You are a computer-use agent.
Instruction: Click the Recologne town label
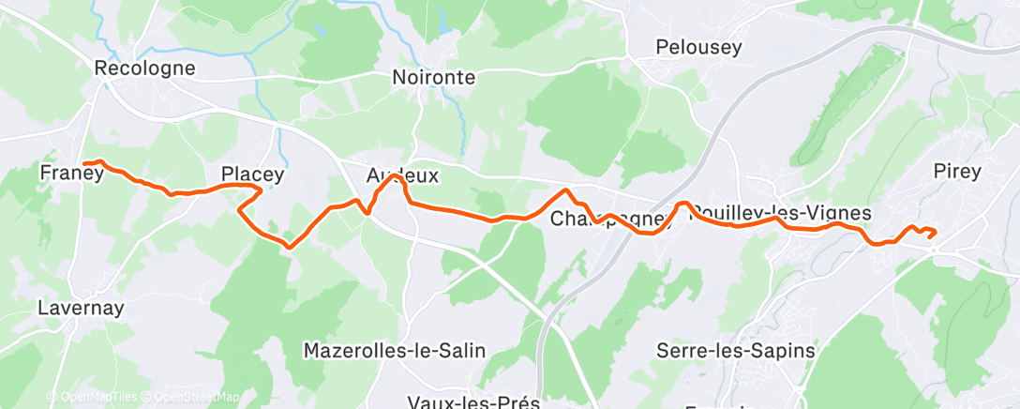point(144,68)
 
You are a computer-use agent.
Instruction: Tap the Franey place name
point(71,173)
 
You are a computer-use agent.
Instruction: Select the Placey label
point(252,174)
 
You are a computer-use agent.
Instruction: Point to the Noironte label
point(433,78)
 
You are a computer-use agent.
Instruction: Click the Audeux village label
point(402,175)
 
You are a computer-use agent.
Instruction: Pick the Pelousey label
point(698,47)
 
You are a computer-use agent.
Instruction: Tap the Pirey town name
point(957,171)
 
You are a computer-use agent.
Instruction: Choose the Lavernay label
point(81,307)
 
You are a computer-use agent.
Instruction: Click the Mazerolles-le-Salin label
point(395,351)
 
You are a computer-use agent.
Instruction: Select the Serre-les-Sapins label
point(735,351)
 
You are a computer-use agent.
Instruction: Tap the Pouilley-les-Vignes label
point(780,214)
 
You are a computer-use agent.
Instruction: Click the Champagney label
point(611,220)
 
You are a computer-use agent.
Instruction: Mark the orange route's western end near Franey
point(84,164)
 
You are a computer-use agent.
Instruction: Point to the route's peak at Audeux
point(397,176)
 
